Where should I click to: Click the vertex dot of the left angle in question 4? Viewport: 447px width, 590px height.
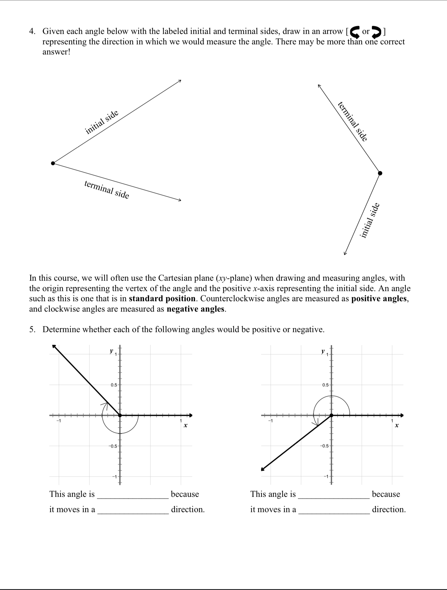(x=53, y=163)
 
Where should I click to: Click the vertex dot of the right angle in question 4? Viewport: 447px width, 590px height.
(x=380, y=173)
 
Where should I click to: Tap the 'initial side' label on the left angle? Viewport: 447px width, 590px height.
(x=102, y=123)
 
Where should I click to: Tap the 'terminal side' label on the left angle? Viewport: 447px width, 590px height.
(x=107, y=190)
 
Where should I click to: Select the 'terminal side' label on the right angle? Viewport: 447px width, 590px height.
(x=353, y=121)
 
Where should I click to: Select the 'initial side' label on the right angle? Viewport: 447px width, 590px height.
(x=370, y=220)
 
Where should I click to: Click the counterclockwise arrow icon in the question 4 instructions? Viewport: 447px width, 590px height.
(x=355, y=31)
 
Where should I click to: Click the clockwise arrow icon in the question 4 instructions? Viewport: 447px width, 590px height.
(x=376, y=31)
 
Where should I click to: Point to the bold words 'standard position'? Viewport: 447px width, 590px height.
(x=162, y=298)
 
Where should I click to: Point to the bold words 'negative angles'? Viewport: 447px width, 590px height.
(x=196, y=309)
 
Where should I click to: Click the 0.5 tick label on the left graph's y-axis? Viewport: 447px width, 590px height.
(x=113, y=385)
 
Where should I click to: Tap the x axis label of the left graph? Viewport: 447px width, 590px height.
(x=186, y=425)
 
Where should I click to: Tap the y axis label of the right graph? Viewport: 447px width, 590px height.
(x=323, y=351)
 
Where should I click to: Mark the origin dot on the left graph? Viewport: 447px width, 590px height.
(x=120, y=415)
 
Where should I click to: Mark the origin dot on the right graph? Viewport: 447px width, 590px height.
(x=331, y=415)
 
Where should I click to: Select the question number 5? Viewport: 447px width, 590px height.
(x=32, y=329)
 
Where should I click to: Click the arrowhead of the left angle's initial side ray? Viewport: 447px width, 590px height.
(x=180, y=81)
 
